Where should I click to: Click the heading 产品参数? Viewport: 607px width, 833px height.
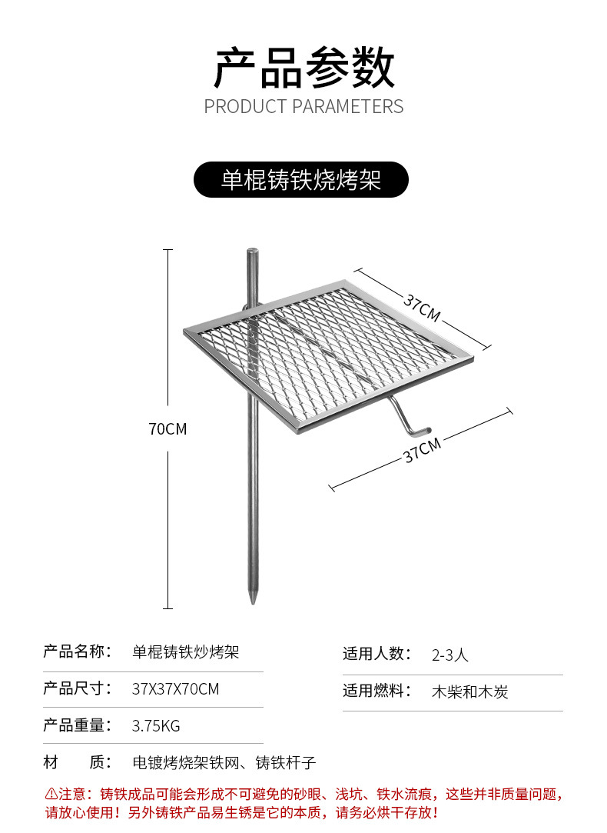pos(303,68)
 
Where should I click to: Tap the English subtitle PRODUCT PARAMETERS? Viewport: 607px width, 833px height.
pos(303,106)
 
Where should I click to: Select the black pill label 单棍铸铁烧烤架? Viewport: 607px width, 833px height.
pos(301,180)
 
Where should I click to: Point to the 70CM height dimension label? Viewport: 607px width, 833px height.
pos(168,429)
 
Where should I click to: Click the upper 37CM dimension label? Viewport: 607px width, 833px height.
pos(422,308)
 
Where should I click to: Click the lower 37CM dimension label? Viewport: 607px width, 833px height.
pos(422,450)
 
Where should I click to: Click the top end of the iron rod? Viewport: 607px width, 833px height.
pos(251,252)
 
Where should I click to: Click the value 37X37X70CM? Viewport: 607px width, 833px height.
pos(175,689)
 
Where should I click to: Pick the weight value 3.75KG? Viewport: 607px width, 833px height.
pos(156,725)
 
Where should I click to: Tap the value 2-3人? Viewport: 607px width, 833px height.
pos(450,655)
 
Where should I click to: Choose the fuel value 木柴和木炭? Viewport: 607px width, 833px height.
pos(470,691)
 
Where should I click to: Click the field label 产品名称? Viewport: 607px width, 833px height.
pos(78,652)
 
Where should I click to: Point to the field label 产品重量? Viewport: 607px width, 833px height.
pos(78,725)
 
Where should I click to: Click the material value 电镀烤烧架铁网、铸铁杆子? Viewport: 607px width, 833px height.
pos(224,763)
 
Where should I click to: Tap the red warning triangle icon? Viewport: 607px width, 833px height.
pos(51,793)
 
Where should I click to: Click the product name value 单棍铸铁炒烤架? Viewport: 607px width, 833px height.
pos(186,652)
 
